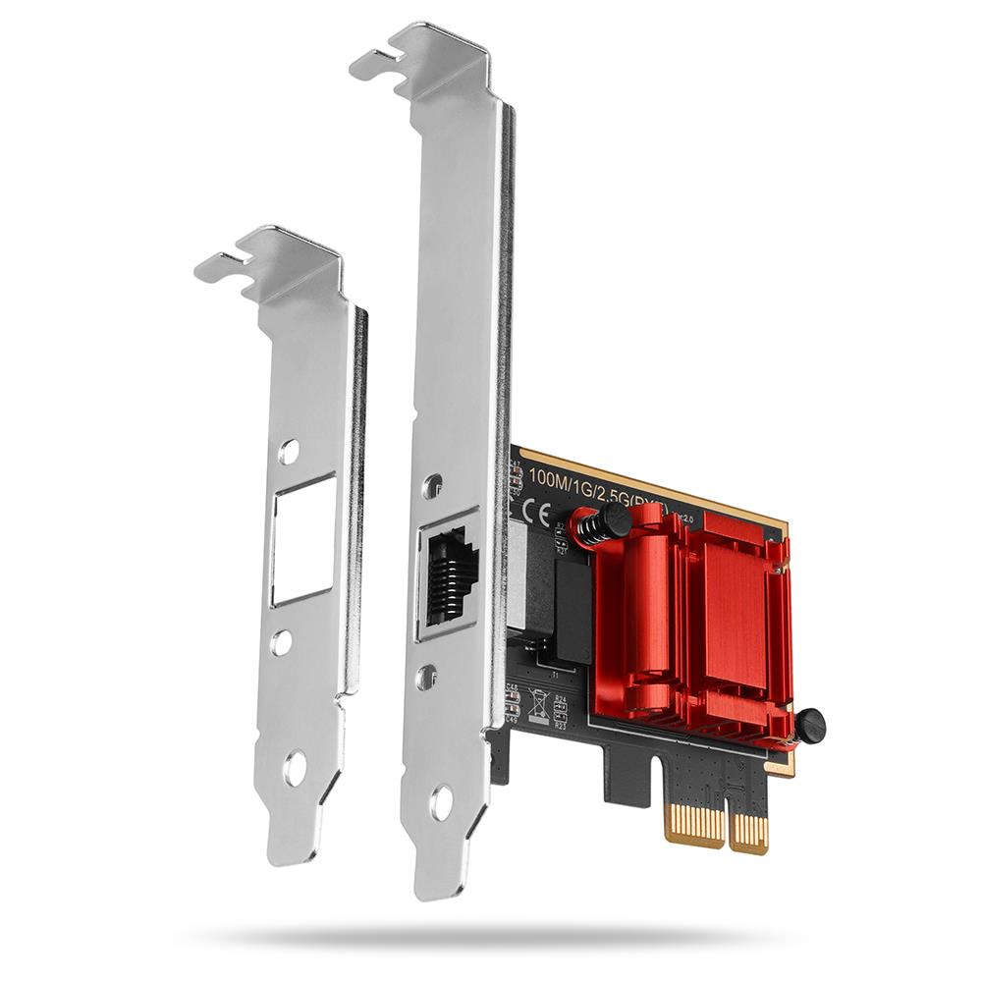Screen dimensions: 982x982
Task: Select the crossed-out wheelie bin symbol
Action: [x=538, y=703]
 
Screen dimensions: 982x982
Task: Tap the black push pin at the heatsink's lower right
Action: [x=809, y=726]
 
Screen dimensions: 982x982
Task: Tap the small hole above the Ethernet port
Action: [x=431, y=486]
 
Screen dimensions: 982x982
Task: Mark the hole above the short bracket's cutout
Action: [x=288, y=452]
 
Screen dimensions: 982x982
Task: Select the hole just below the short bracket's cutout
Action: [x=282, y=643]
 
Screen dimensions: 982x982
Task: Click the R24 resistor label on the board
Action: [x=561, y=701]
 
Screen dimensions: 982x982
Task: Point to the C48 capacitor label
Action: [x=513, y=687]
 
